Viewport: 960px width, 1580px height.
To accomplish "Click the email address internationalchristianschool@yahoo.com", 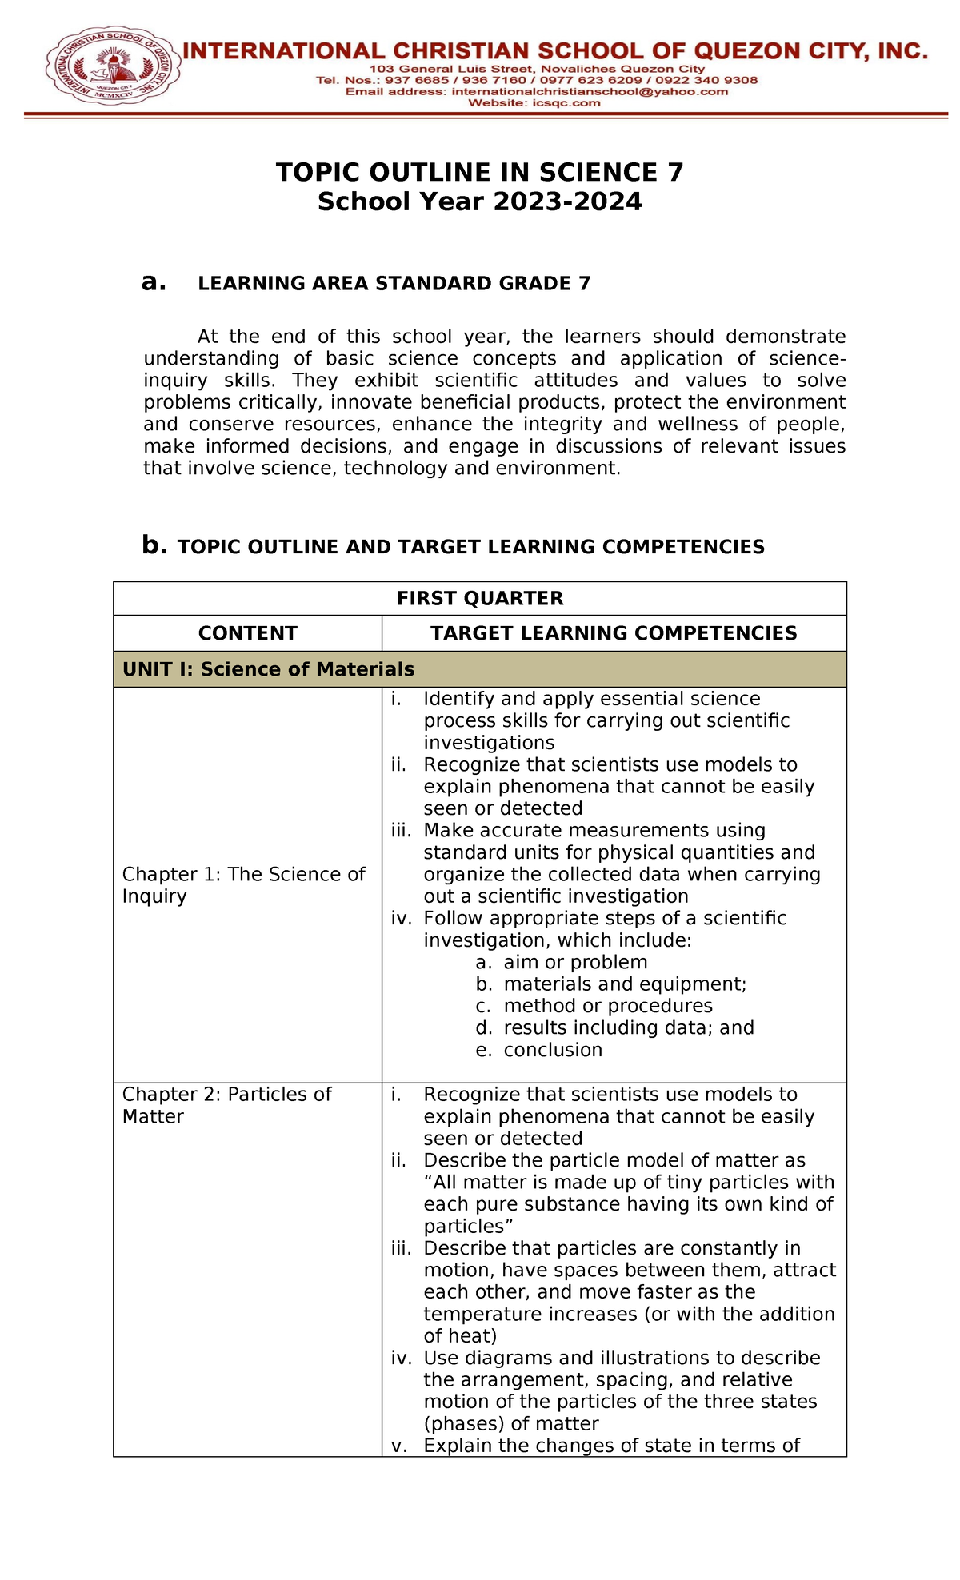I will [x=590, y=92].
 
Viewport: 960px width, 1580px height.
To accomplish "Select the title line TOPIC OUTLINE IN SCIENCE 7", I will [x=479, y=173].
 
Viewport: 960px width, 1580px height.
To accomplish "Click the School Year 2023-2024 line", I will [x=479, y=201].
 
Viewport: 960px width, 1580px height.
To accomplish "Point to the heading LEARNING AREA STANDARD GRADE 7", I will [x=394, y=284].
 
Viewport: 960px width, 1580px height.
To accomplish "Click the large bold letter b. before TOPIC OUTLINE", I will [x=154, y=545].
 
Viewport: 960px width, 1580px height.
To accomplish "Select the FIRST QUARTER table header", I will [x=479, y=598].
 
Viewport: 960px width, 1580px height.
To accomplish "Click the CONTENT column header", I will [x=247, y=633].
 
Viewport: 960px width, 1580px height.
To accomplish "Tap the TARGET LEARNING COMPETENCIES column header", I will [x=614, y=633].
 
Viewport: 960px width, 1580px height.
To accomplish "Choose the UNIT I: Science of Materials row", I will [x=268, y=669].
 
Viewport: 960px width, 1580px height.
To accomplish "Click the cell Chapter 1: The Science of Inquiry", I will [x=243, y=885].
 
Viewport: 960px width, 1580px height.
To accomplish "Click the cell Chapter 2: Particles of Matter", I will [x=226, y=1105].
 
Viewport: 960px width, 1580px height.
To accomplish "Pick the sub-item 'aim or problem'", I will [x=574, y=963].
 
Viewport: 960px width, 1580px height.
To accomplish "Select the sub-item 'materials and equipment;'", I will [x=624, y=984].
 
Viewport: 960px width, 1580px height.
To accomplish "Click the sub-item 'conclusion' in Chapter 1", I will [x=552, y=1051].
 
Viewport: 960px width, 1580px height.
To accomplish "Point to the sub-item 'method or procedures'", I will [x=607, y=1006].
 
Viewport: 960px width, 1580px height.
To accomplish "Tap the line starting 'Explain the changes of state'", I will [x=611, y=1446].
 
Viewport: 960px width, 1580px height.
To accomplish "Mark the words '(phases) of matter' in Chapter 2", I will [x=510, y=1424].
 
